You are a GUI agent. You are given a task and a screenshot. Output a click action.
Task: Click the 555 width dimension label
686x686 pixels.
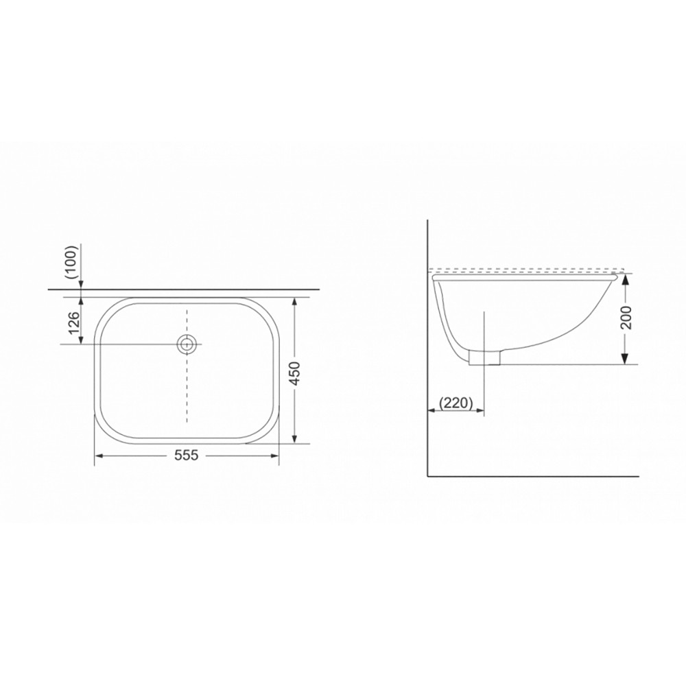pyautogui.click(x=187, y=456)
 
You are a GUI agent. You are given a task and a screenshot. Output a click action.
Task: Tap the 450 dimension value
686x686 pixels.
pyautogui.click(x=296, y=373)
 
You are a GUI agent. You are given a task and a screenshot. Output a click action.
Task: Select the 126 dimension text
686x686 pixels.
pyautogui.click(x=74, y=322)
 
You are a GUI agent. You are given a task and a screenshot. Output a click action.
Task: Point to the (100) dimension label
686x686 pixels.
pyautogui.click(x=71, y=262)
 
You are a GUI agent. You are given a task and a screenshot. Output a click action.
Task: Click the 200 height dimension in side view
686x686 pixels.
pyautogui.click(x=626, y=317)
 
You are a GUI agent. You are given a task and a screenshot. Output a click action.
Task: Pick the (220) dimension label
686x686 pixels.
pyautogui.click(x=456, y=403)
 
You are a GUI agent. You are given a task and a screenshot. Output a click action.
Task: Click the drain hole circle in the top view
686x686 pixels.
pyautogui.click(x=187, y=344)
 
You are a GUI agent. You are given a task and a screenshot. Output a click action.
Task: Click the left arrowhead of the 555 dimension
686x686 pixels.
pyautogui.click(x=99, y=456)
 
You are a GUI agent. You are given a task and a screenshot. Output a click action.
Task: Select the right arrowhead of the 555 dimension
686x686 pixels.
pyautogui.click(x=274, y=456)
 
